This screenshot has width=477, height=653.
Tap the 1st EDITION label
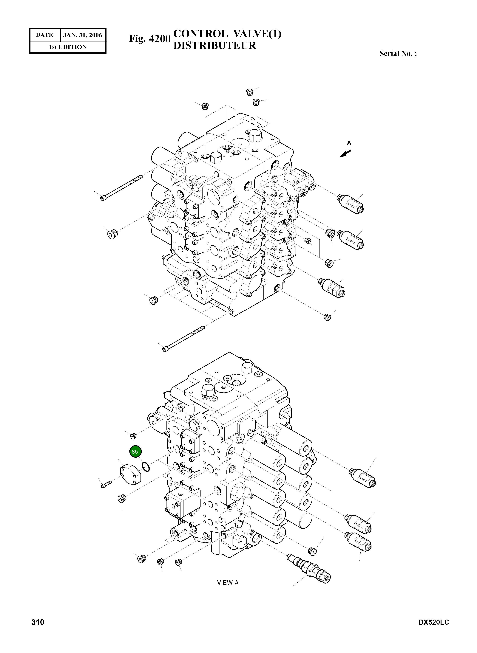(x=68, y=47)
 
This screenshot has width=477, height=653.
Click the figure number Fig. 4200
(x=150, y=38)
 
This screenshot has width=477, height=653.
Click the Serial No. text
(x=398, y=54)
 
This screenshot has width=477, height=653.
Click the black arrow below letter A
(x=345, y=154)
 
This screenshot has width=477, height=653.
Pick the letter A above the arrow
(x=349, y=143)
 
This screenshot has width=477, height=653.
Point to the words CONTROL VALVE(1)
(x=227, y=34)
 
